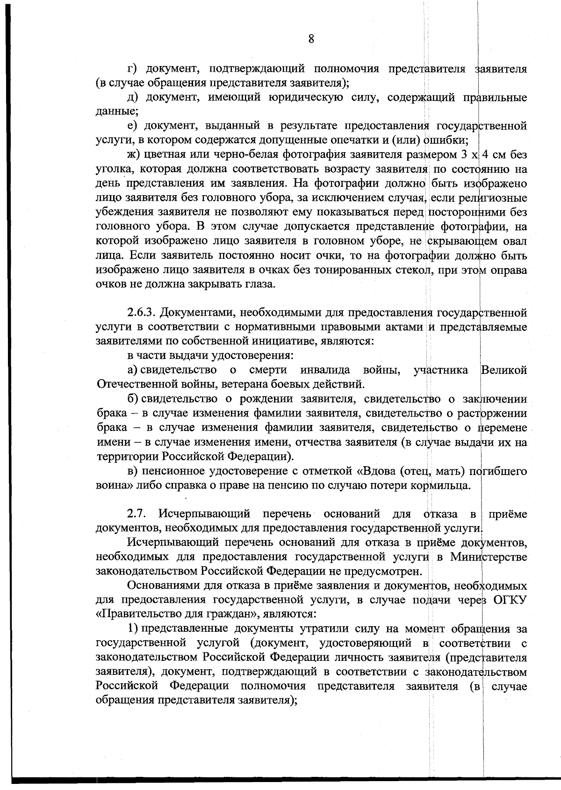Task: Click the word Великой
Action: point(503,370)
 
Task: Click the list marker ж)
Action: point(134,154)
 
